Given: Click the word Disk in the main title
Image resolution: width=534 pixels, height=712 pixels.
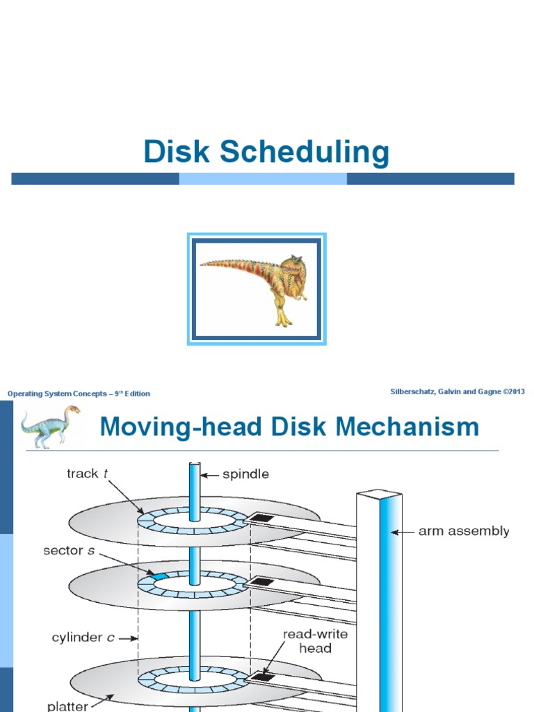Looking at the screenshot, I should point(177,152).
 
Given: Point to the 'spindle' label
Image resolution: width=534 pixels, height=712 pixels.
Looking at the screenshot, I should point(245,475).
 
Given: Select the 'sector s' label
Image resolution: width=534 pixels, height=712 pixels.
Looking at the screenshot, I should point(67,551).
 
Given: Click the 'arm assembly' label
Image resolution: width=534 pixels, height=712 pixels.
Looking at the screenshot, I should point(464,531).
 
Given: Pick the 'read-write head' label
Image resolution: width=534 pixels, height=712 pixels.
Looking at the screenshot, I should point(316,641).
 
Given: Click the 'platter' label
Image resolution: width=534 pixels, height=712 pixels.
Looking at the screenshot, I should point(67,706).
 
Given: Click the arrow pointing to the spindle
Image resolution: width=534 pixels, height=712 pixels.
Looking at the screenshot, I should point(209,475).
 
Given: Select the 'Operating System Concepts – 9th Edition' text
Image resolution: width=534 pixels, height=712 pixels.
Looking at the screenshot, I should point(79,394).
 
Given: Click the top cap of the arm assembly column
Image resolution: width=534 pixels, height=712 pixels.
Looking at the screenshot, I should point(380,495).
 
